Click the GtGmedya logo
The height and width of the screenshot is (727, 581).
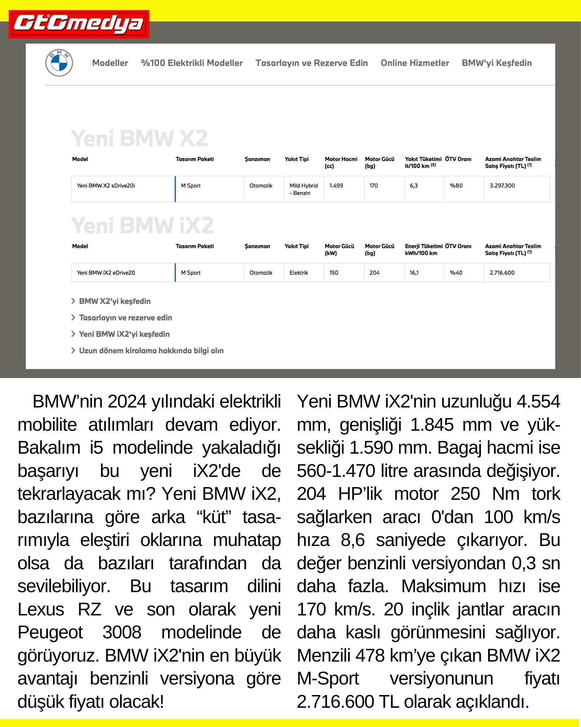point(79,24)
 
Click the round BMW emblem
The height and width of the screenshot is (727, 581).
point(59,63)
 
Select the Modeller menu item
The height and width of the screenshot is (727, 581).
point(110,63)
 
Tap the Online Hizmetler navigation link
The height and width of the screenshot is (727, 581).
point(415,63)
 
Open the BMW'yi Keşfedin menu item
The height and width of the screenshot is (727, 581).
point(496,63)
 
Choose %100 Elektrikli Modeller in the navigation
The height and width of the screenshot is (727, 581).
point(192,63)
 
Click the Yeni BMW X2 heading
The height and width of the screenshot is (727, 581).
point(139,138)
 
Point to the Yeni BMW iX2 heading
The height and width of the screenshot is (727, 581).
point(142,225)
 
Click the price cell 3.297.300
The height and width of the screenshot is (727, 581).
point(502,186)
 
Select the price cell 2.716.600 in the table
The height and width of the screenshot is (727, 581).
point(502,273)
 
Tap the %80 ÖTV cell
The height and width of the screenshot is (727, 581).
point(456,186)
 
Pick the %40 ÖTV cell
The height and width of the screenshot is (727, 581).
point(456,273)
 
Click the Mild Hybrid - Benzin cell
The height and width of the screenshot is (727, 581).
point(303,189)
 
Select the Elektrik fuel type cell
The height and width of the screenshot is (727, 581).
point(298,273)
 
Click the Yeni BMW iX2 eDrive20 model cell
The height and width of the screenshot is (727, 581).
point(106,273)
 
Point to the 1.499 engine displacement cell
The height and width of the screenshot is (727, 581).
point(336,186)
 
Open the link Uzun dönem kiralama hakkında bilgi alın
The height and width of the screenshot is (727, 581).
point(151,350)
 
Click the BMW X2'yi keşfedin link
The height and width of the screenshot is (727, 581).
point(115,301)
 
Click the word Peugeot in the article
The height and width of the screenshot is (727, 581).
point(50,632)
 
